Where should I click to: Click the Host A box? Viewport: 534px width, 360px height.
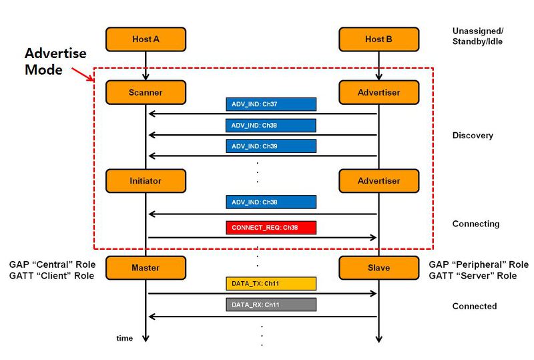[x=146, y=39]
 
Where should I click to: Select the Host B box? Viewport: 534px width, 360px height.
[x=378, y=39]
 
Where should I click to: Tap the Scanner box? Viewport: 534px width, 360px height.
[x=146, y=92]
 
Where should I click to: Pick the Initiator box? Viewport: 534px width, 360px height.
[x=146, y=181]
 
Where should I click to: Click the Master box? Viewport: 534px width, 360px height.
[x=146, y=268]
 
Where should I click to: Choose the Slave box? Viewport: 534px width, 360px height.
[x=378, y=268]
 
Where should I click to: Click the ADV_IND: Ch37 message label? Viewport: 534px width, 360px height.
[x=271, y=104]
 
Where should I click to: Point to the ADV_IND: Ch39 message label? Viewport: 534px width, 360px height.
[x=271, y=146]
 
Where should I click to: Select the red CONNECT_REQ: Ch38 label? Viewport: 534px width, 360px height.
[x=271, y=228]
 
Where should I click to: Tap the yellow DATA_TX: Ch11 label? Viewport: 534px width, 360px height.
[x=271, y=284]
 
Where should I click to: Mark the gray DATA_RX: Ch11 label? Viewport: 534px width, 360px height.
[x=271, y=305]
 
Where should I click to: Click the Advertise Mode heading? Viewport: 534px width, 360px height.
[x=55, y=61]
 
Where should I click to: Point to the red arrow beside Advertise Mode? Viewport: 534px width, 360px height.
[x=83, y=74]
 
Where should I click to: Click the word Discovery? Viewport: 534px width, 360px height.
[x=473, y=136]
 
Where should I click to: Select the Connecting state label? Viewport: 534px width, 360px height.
[x=476, y=224]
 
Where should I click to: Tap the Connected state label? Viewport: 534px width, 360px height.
[x=475, y=306]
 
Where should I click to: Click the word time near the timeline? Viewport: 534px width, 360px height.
[x=124, y=338]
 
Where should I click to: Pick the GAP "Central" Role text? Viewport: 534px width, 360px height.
[x=52, y=264]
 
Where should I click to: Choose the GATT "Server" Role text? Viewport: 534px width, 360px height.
[x=473, y=276]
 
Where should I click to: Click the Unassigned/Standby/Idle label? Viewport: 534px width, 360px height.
[x=478, y=36]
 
